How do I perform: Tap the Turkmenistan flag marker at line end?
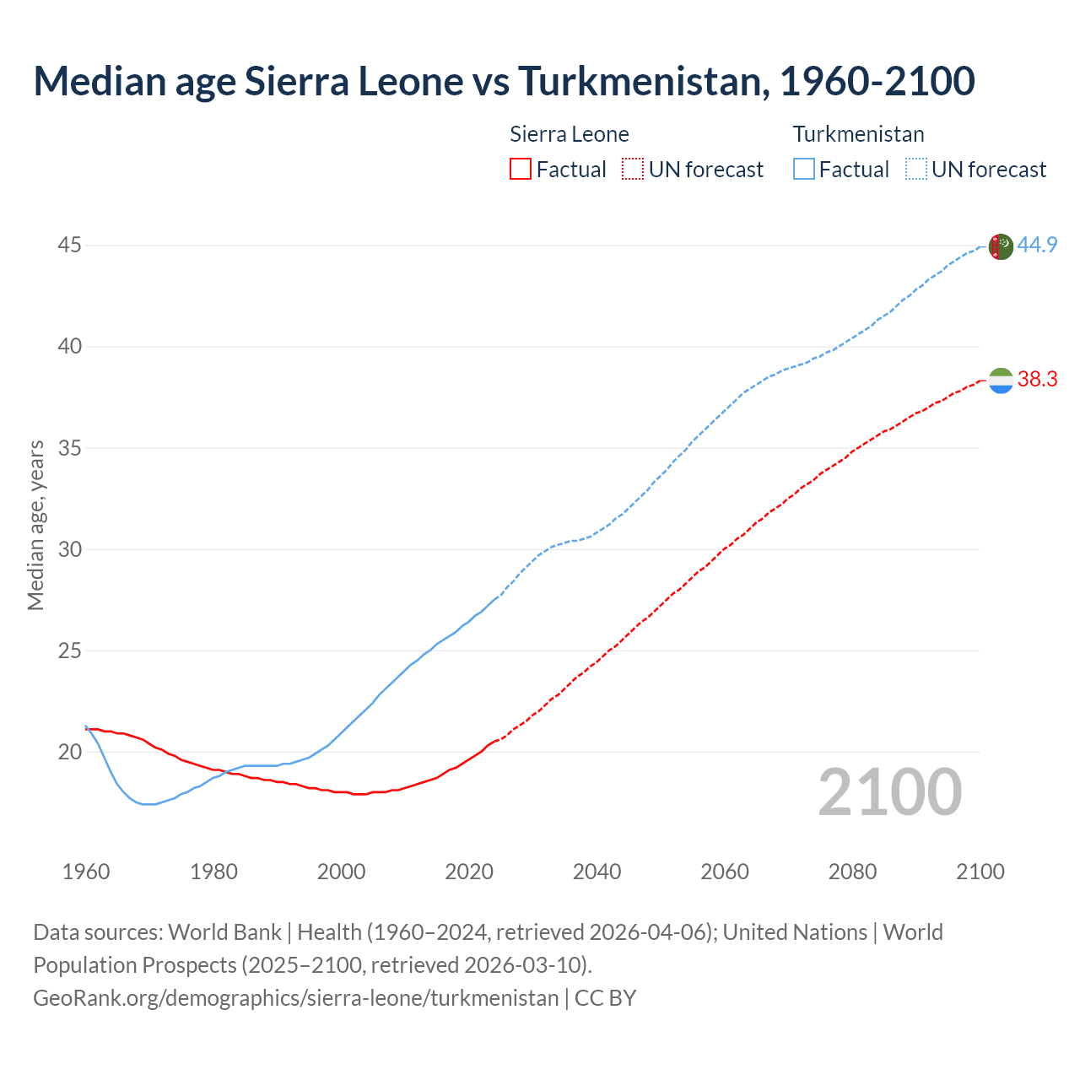click(x=1000, y=246)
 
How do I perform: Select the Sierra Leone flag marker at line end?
click(x=1000, y=381)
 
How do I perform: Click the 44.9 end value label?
click(x=1037, y=246)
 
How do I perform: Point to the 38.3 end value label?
click(x=1037, y=380)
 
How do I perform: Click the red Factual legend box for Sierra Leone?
click(x=521, y=170)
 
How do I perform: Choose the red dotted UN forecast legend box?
click(x=633, y=170)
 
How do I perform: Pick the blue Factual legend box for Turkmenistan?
click(x=803, y=170)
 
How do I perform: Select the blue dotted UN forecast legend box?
click(x=915, y=170)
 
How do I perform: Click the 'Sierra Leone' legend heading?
click(x=570, y=134)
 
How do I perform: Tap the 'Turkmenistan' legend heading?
click(x=858, y=134)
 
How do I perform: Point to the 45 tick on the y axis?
click(x=70, y=246)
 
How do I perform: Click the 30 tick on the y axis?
click(x=70, y=549)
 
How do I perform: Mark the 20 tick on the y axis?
click(x=70, y=752)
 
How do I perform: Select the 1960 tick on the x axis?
click(x=86, y=872)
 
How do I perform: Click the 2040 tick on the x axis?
click(x=597, y=872)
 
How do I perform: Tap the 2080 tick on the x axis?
click(x=852, y=872)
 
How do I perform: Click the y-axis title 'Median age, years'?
click(x=35, y=525)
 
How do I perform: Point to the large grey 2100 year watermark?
click(x=890, y=792)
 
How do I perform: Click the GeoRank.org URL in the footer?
click(x=295, y=998)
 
